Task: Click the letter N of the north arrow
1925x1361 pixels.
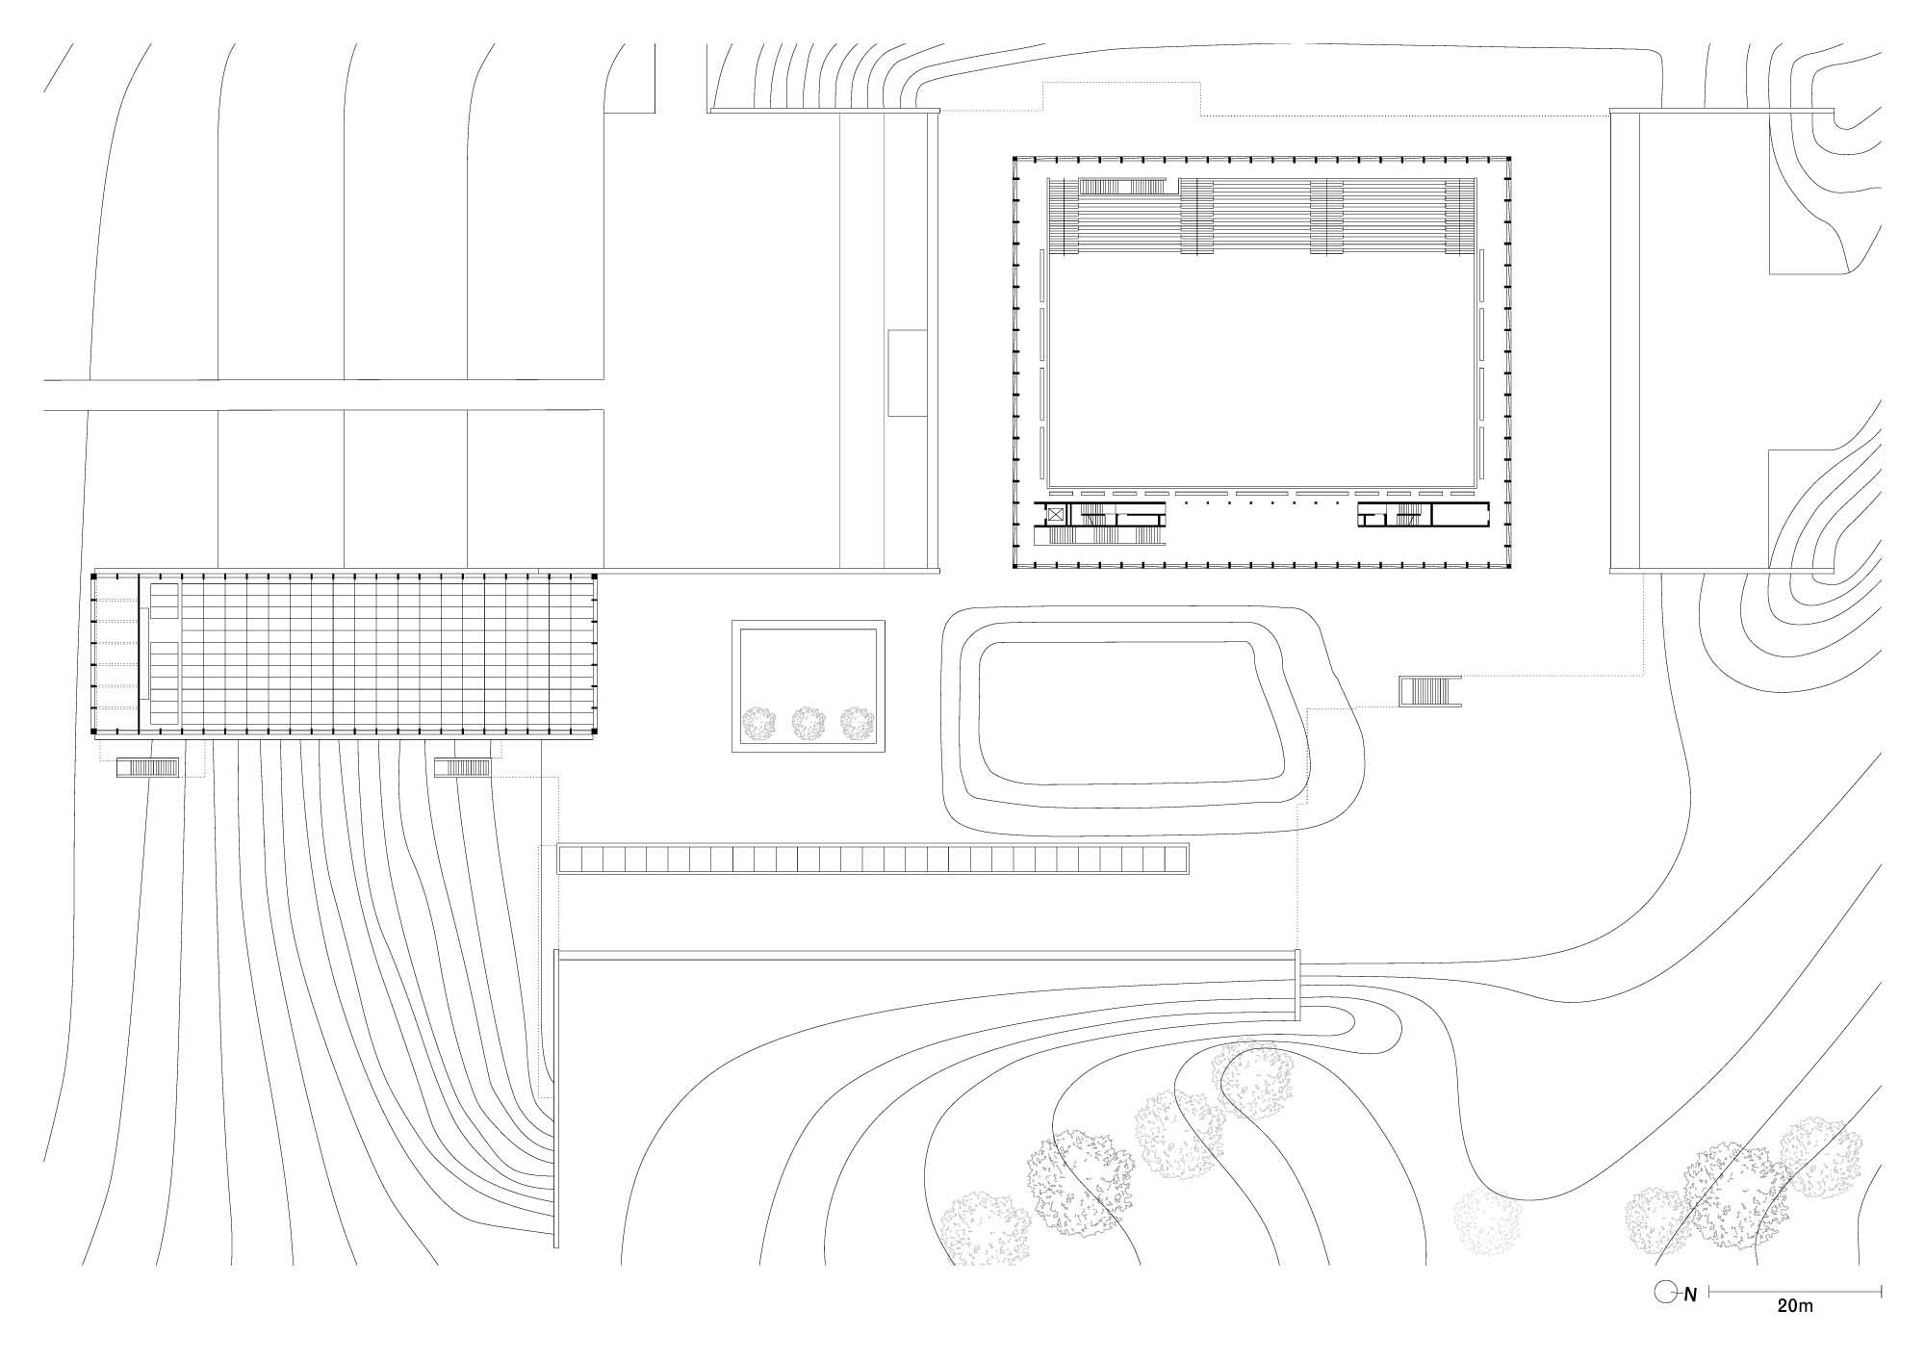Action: tap(1690, 1296)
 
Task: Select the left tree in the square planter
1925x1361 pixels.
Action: tap(760, 724)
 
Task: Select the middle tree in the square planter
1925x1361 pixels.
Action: tap(809, 724)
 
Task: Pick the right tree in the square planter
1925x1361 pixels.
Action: tap(858, 724)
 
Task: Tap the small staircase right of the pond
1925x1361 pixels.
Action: tap(1430, 691)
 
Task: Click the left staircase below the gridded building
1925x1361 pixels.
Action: tap(148, 768)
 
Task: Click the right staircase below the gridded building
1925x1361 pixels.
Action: tap(464, 767)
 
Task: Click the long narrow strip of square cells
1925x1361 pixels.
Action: tap(874, 860)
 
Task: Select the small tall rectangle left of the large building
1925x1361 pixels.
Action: tap(907, 372)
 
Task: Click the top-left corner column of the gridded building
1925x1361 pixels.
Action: tap(93, 576)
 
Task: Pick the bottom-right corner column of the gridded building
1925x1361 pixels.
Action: tap(595, 736)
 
